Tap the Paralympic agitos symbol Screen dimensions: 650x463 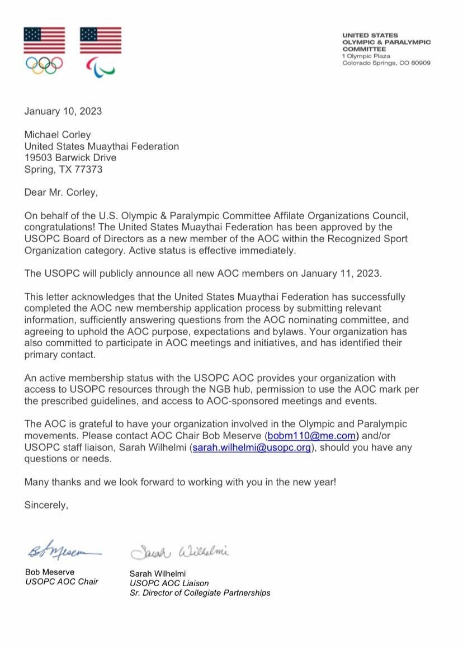coord(100,67)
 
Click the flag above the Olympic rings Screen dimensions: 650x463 coord(44,40)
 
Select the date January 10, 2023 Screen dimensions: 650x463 coord(63,111)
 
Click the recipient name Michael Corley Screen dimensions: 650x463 coord(57,135)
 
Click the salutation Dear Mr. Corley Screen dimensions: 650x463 coord(60,192)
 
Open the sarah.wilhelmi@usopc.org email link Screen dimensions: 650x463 coord(252,447)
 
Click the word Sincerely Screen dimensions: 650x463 coord(46,505)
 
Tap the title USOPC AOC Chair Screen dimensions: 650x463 coord(62,581)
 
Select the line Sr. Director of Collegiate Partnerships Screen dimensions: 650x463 coord(200,592)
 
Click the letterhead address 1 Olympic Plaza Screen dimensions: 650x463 coord(366,56)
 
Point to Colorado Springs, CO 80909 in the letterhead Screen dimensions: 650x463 coord(386,63)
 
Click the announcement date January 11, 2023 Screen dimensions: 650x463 coord(343,274)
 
